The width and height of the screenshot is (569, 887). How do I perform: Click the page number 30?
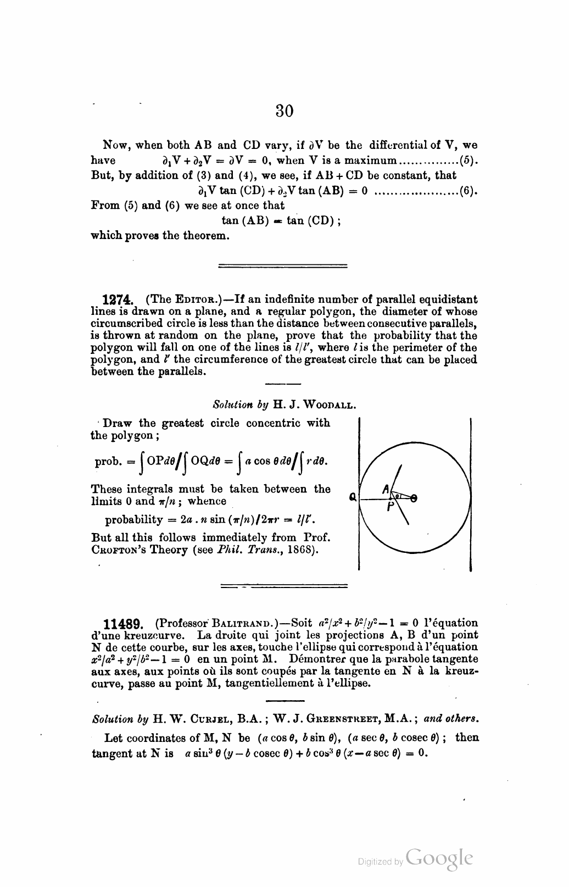pos(284,111)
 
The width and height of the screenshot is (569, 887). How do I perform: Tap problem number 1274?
pos(118,300)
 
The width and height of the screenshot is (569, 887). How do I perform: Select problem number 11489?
pos(124,624)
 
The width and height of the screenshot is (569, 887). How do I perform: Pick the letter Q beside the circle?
pos(352,498)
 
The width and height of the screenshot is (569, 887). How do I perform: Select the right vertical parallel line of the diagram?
pos(471,495)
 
